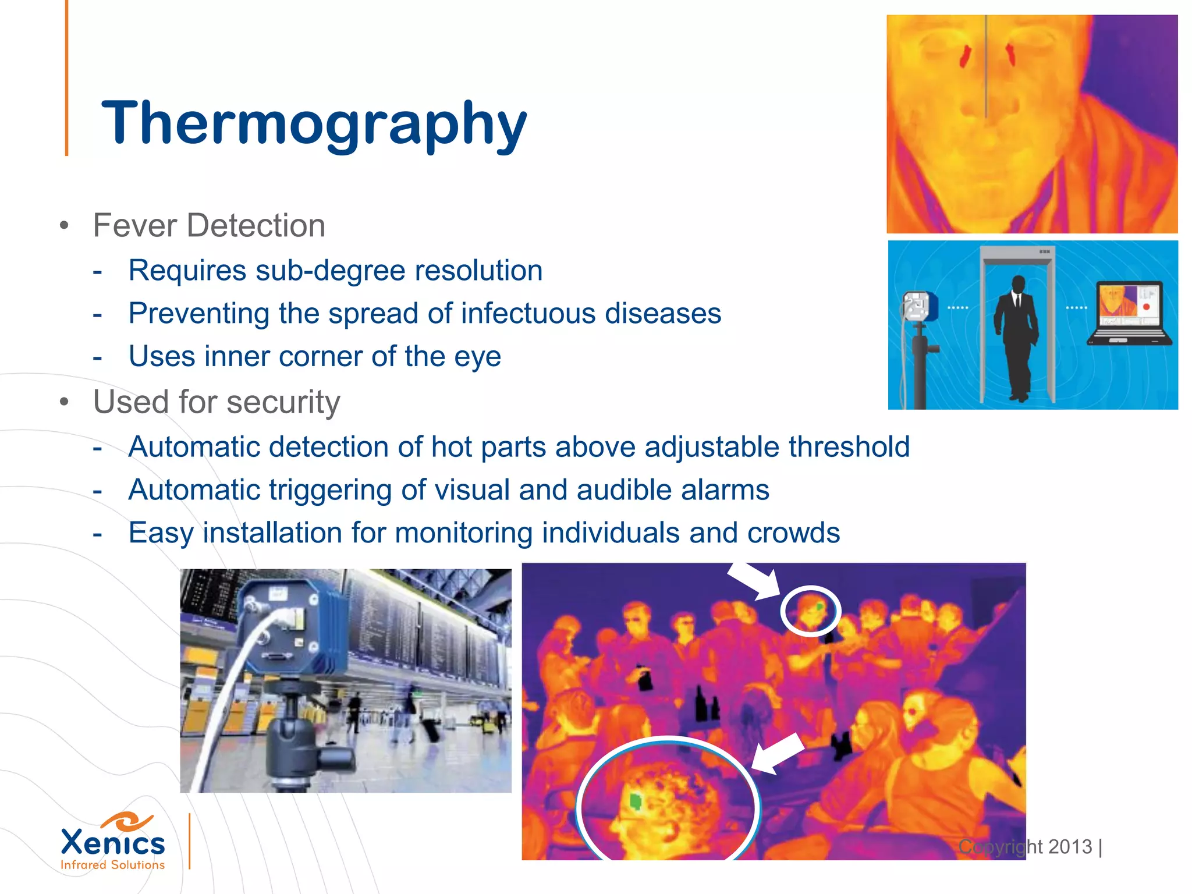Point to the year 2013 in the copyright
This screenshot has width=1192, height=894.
coord(1070,847)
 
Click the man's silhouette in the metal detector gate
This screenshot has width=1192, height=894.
coord(1017,338)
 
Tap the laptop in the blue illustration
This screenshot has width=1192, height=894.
coord(1129,315)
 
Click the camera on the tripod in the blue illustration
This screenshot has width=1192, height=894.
coord(919,307)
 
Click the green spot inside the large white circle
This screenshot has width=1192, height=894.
coord(636,802)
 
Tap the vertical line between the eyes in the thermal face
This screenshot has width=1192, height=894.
coord(986,67)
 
